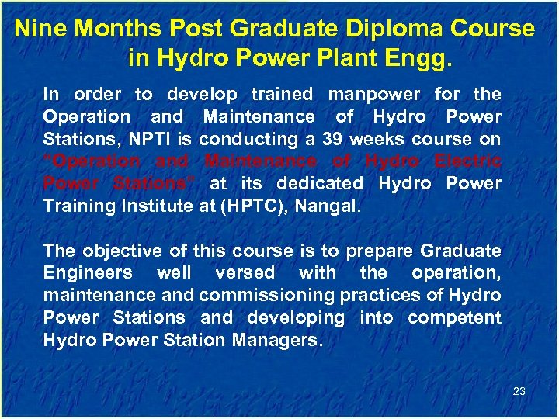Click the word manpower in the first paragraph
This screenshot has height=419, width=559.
pyautogui.click(x=374, y=95)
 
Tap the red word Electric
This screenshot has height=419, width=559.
pyautogui.click(x=468, y=161)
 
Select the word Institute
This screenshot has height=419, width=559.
pyautogui.click(x=152, y=206)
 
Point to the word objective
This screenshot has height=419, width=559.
pyautogui.click(x=113, y=251)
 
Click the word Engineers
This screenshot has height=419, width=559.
pyautogui.click(x=88, y=273)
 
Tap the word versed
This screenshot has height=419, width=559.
pyautogui.click(x=245, y=273)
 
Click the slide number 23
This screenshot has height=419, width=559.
pyautogui.click(x=519, y=391)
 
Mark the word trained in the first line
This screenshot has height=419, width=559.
pyautogui.click(x=282, y=95)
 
